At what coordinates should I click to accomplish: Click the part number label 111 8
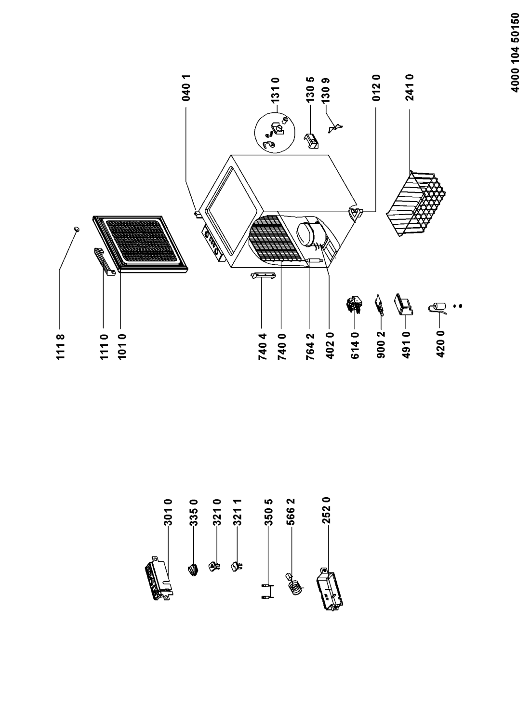[x=61, y=347]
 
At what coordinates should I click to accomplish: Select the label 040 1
[x=186, y=88]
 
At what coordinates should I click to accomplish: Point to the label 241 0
[x=410, y=88]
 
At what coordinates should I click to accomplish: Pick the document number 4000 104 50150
[x=515, y=53]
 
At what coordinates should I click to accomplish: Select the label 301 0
[x=168, y=512]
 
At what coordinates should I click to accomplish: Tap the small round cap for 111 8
[x=77, y=229]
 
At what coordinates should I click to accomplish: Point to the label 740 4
[x=263, y=347]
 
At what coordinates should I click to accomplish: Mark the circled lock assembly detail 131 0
[x=274, y=132]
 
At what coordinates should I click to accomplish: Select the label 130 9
[x=326, y=90]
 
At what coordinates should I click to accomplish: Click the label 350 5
[x=268, y=512]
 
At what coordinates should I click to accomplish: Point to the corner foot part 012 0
[x=355, y=214]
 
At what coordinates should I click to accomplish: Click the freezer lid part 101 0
[x=140, y=245]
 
